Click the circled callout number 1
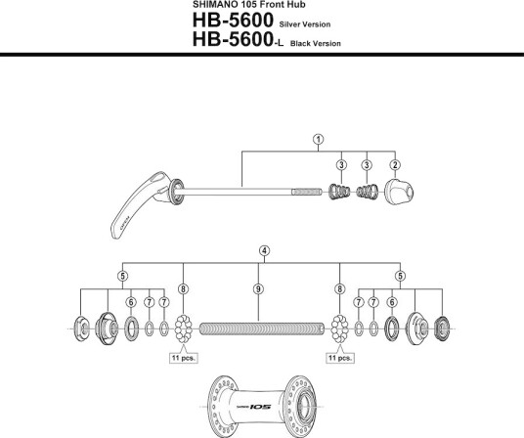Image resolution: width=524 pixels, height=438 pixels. click(318, 139)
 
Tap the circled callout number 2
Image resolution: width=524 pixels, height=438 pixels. click(395, 164)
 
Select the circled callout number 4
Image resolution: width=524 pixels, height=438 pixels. click(264, 251)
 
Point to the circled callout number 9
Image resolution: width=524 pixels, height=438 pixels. click(258, 289)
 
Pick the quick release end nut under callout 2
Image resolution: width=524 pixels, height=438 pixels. click(399, 192)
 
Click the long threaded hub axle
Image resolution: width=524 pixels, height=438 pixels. click(262, 328)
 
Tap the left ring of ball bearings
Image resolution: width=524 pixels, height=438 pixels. click(183, 328)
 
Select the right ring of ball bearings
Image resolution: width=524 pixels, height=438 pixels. click(339, 328)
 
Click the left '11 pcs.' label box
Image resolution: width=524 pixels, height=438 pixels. click(184, 358)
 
